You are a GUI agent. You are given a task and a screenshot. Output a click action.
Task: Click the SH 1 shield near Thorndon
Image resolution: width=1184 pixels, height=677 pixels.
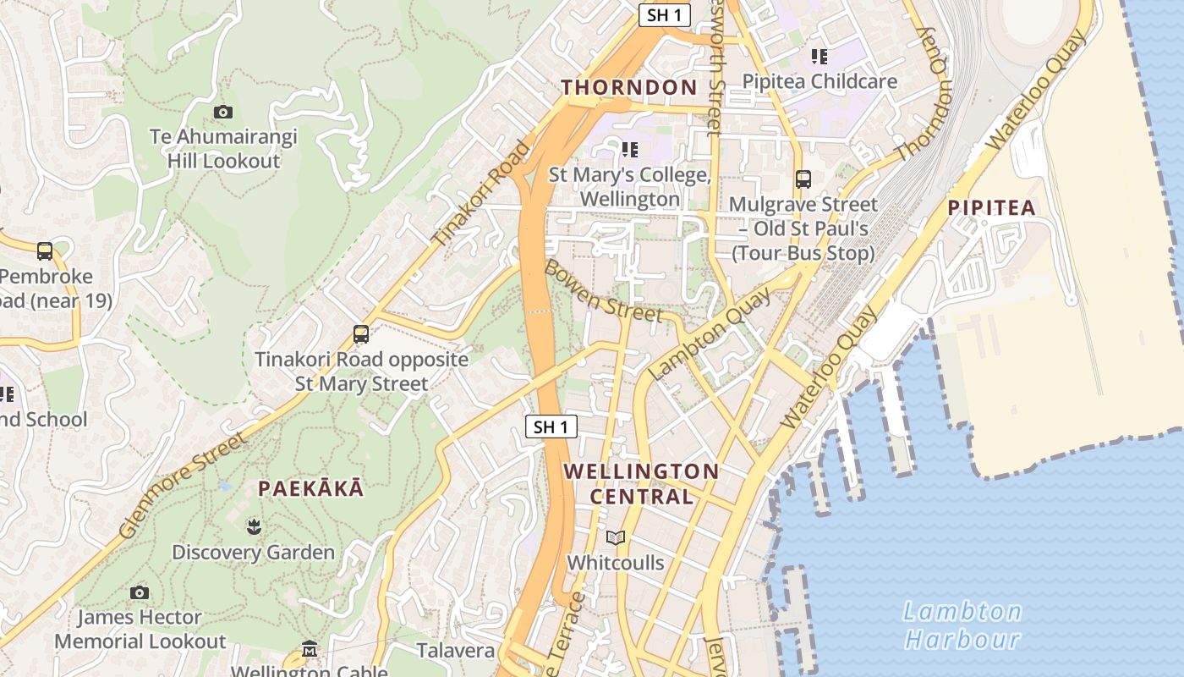click(665, 14)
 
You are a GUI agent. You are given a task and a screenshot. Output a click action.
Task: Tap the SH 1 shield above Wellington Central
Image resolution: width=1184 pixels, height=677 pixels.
click(551, 427)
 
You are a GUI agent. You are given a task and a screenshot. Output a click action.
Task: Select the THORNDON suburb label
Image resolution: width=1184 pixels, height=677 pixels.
click(629, 87)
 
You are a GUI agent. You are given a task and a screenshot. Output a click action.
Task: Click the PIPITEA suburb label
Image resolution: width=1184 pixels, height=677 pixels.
click(991, 207)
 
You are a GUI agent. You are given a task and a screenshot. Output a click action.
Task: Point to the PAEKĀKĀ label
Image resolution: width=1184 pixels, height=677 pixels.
click(311, 488)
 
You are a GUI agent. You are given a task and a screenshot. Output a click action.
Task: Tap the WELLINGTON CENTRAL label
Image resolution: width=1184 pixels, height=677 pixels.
click(641, 484)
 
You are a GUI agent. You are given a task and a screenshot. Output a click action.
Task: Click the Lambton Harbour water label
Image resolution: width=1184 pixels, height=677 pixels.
click(962, 625)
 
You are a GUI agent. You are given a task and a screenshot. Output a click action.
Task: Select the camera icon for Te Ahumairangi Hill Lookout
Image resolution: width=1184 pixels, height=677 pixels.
click(223, 112)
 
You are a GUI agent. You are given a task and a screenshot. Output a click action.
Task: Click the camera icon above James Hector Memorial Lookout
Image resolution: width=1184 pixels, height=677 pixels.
click(140, 592)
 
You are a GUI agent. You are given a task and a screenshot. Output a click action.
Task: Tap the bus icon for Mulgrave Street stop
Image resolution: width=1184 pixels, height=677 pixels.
click(803, 179)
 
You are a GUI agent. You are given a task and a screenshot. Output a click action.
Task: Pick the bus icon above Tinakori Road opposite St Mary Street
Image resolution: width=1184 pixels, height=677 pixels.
click(361, 334)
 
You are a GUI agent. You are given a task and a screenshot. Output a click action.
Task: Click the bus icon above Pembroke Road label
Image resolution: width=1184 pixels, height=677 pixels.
click(45, 251)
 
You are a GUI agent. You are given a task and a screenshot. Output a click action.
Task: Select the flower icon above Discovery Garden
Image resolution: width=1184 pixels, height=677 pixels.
click(253, 528)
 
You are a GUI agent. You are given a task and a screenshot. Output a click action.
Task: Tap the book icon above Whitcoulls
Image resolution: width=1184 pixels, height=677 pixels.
click(616, 537)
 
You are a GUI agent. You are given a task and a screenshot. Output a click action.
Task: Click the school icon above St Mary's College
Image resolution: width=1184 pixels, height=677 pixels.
click(629, 150)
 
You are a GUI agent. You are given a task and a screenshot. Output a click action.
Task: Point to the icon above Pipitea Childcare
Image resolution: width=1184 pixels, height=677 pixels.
click(819, 57)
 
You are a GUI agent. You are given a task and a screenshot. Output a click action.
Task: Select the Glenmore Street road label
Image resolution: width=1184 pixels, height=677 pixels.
click(183, 485)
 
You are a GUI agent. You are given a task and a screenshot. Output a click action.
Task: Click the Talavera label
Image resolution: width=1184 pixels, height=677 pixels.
click(455, 650)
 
